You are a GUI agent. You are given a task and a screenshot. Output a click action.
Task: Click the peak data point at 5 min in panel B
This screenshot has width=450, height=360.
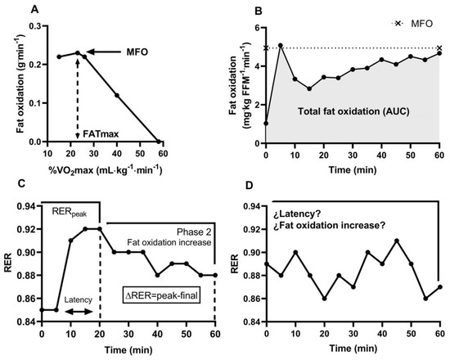[x=281, y=46]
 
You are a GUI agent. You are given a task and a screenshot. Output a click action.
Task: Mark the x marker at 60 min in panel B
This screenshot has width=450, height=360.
[x=439, y=48]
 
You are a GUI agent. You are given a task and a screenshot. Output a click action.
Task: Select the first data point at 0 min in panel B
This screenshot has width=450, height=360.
[x=266, y=124]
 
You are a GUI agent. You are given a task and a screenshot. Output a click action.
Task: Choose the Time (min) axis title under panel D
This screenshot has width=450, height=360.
[x=352, y=349]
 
